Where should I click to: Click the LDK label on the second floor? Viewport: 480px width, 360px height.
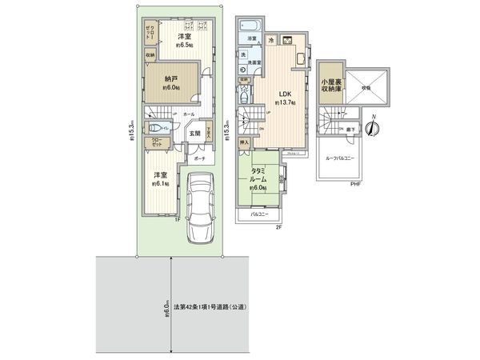[286, 93]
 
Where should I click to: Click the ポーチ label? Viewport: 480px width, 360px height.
[198, 158]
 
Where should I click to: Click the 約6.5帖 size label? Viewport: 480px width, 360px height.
[183, 46]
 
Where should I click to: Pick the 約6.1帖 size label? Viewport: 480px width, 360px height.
[161, 184]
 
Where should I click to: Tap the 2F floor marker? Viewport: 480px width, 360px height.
[281, 227]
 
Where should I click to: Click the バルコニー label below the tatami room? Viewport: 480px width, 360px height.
[258, 214]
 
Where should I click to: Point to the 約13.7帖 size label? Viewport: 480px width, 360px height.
[286, 103]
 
